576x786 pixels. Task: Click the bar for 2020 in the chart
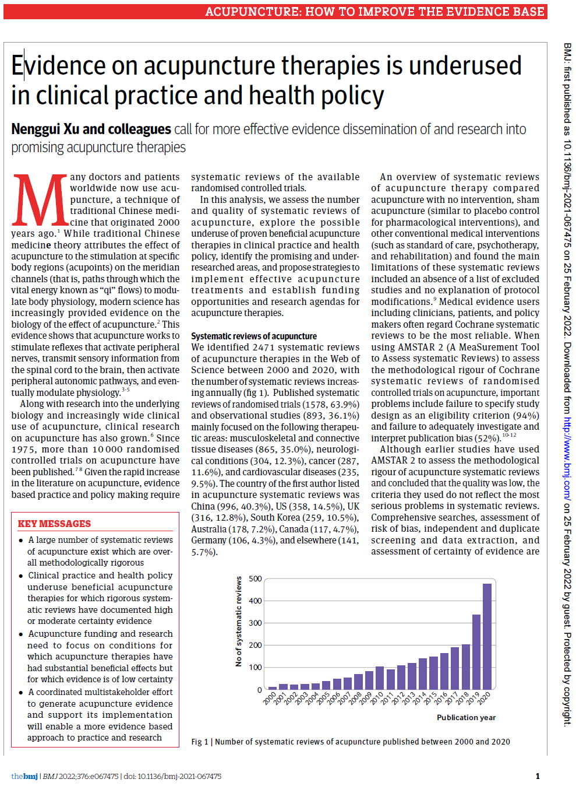487,636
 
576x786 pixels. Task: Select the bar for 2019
476,652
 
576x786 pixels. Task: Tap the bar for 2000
273,688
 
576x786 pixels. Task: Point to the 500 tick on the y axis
255,579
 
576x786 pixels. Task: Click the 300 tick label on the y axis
255,623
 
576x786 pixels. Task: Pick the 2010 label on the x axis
377,699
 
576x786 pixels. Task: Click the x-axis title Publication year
466,718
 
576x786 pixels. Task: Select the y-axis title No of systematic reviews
238,622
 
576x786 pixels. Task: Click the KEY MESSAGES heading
54,524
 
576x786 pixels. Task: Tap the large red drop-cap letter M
40,200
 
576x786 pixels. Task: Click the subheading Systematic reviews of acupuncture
254,336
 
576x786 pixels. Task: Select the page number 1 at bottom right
538,776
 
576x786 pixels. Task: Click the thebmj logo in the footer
24,776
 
